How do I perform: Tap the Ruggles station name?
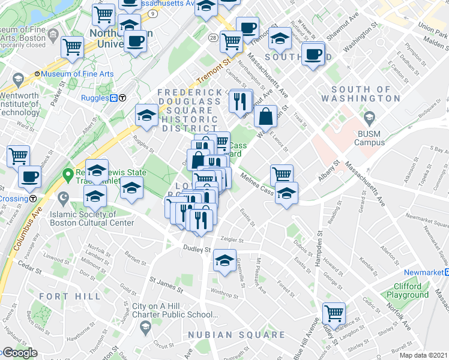95,98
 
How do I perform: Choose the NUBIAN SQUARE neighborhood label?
235,334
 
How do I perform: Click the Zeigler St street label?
233,239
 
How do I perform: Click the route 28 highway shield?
213,38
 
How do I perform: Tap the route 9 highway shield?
153,13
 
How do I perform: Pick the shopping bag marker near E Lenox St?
265,116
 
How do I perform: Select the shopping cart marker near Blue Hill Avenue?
333,313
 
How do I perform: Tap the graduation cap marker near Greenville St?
224,261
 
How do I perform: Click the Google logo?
19,353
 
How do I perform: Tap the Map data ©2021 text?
423,355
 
